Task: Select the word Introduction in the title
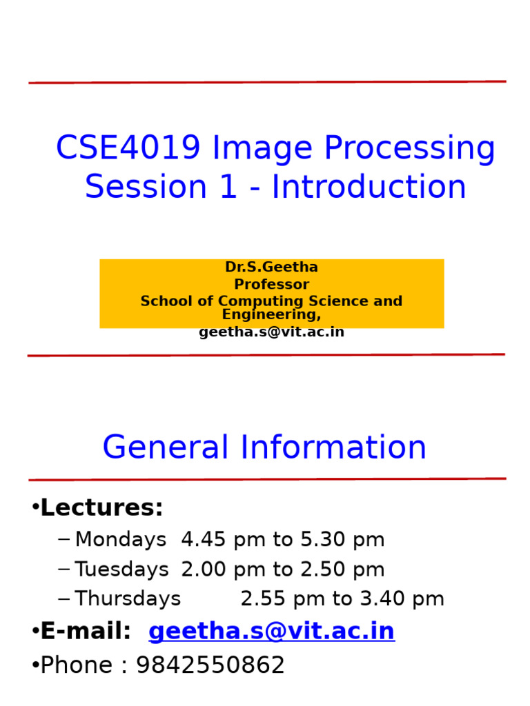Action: click(369, 188)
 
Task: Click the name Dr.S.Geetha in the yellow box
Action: click(271, 267)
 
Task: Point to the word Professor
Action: click(271, 284)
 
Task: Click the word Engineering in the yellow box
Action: click(271, 315)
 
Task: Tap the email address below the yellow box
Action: click(271, 332)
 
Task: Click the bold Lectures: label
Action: click(102, 508)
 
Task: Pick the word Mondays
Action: click(121, 540)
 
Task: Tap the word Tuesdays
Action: click(121, 569)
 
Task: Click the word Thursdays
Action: click(128, 599)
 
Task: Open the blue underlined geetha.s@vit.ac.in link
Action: click(271, 631)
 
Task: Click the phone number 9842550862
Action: click(210, 665)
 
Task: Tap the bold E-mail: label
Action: click(86, 631)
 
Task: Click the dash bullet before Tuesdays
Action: click(64, 569)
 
